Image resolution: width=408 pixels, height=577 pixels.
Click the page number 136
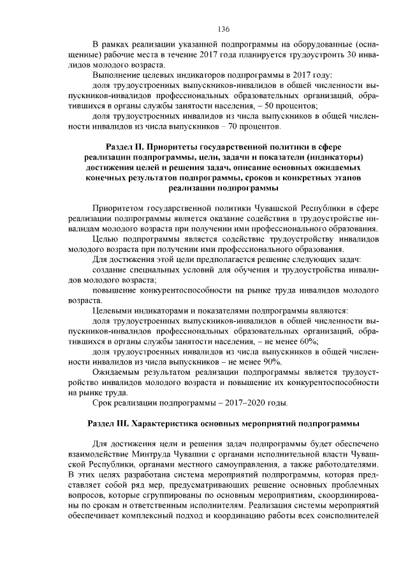(223, 29)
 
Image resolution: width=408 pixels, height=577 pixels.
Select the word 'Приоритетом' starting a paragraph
(118, 208)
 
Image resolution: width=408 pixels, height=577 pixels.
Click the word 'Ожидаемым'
(115, 372)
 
